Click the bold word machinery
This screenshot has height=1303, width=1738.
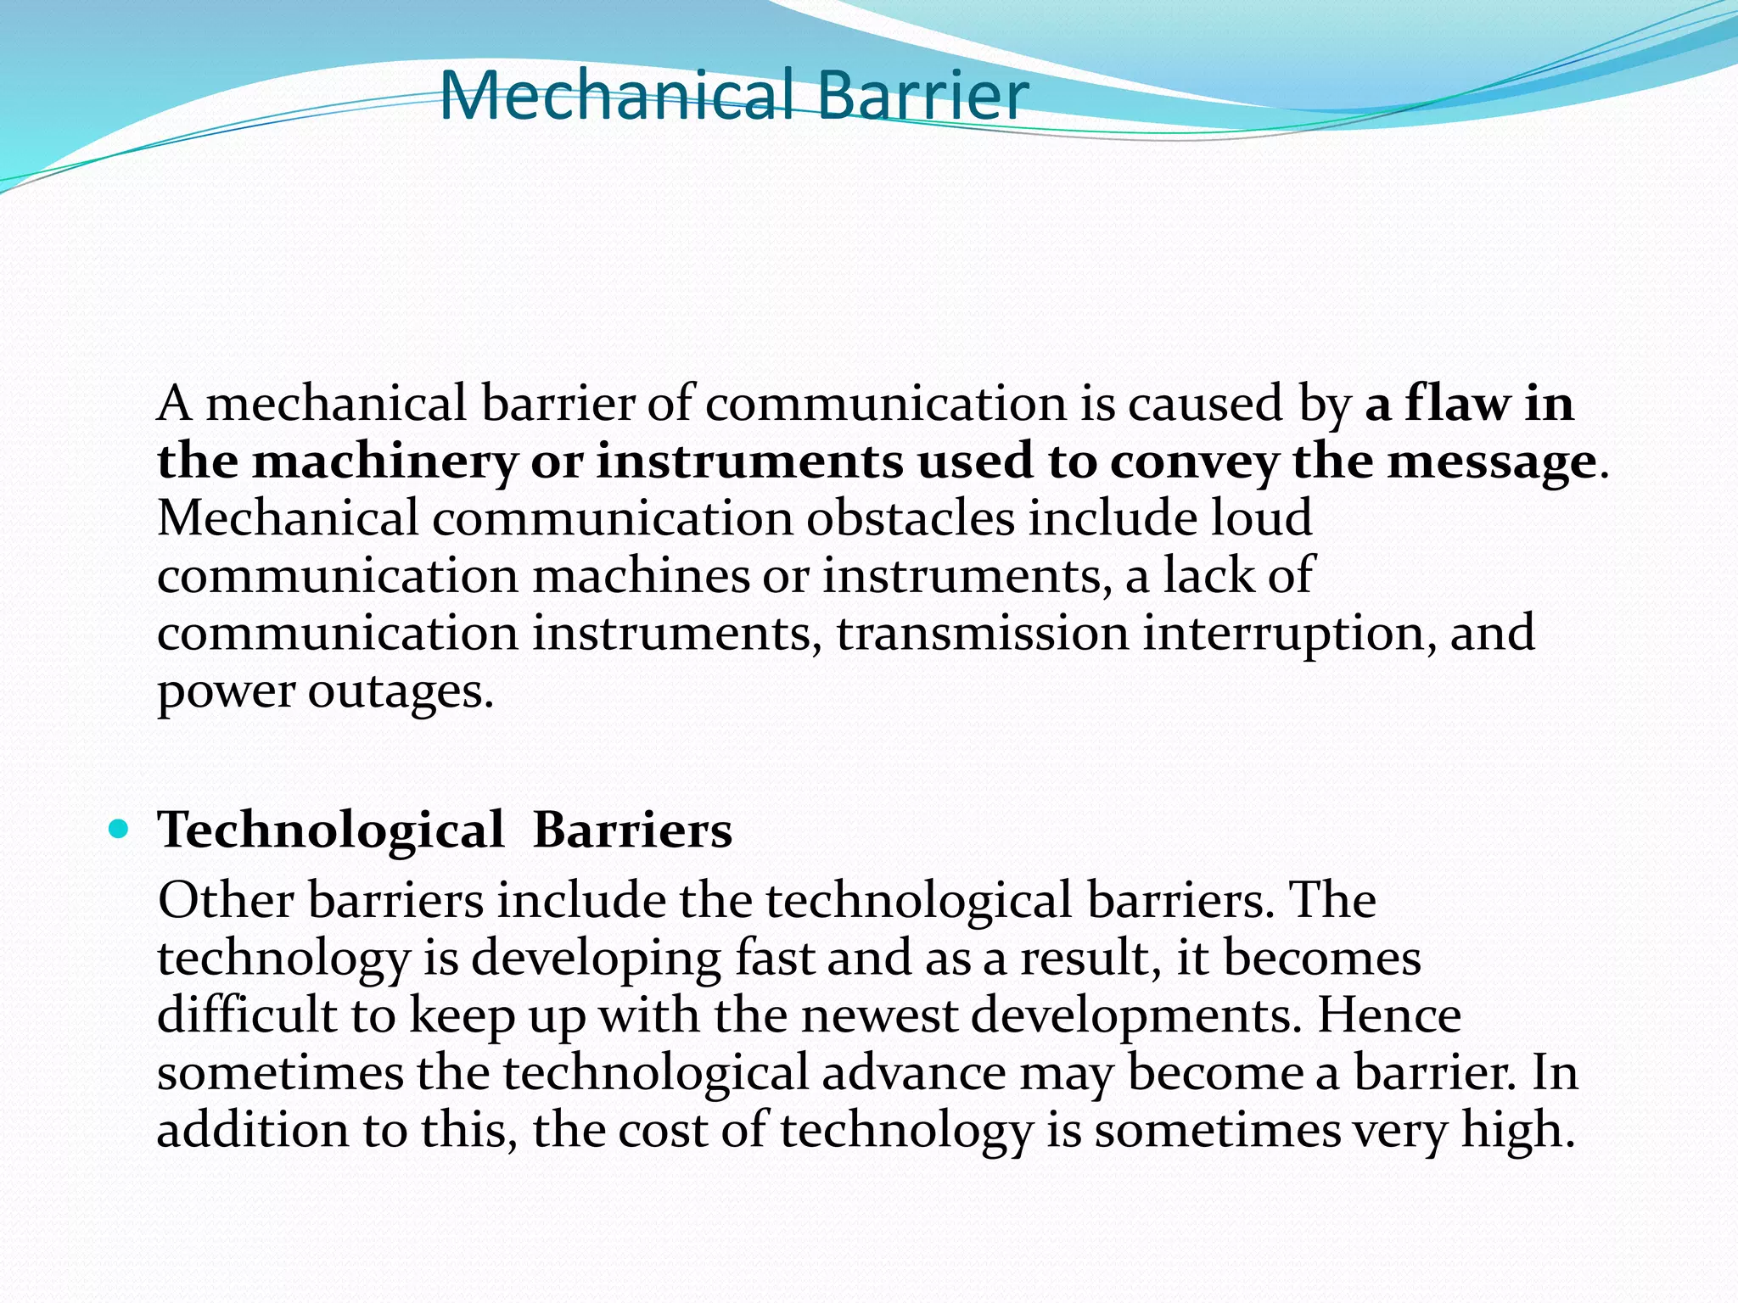[x=384, y=462]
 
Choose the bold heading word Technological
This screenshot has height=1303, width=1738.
[x=331, y=830]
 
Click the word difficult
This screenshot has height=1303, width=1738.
[x=247, y=1015]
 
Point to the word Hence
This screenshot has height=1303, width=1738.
[x=1388, y=1015]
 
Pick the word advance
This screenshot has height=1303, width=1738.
[x=913, y=1073]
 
